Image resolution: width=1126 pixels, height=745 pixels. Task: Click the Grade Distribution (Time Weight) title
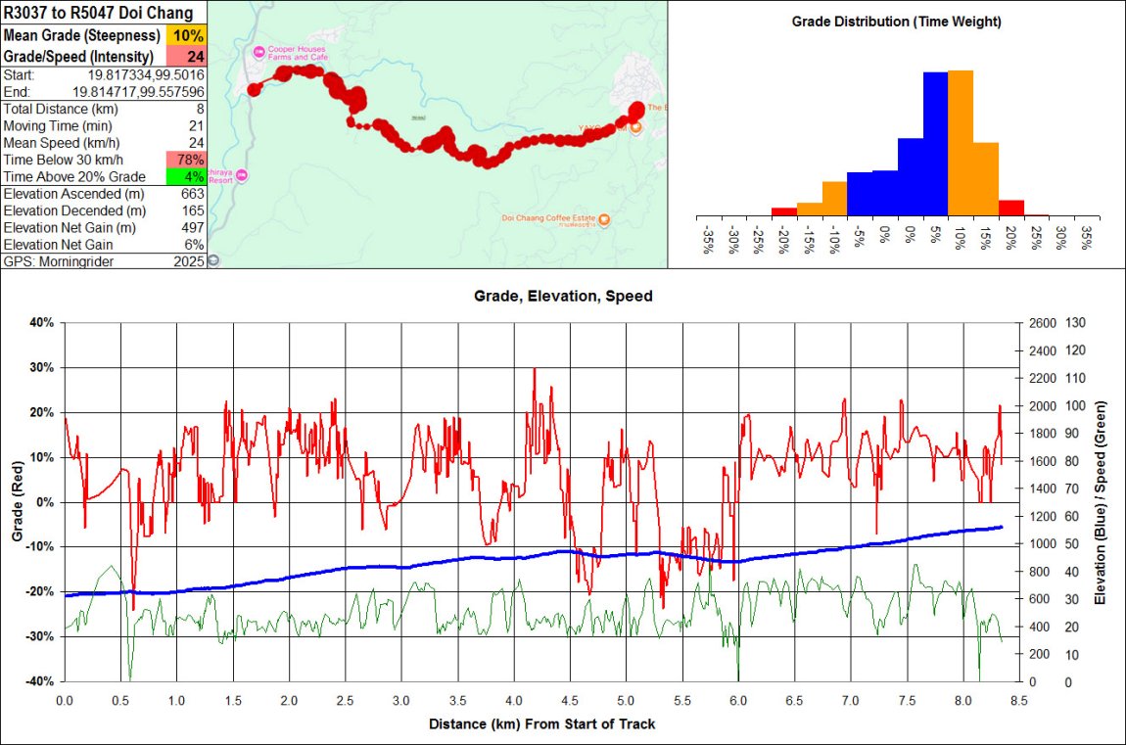(896, 21)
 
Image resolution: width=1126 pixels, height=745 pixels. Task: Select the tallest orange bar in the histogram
(961, 143)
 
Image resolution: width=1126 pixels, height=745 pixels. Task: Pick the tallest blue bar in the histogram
(935, 144)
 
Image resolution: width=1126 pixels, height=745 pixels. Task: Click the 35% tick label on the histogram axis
(1086, 240)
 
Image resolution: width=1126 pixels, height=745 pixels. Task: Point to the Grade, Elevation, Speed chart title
(562, 296)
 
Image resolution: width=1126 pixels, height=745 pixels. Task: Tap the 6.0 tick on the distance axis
(738, 701)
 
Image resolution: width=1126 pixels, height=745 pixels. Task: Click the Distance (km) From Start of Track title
(541, 724)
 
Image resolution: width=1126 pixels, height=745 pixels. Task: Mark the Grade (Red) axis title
(16, 501)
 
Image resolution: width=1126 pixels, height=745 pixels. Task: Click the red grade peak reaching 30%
(534, 370)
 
